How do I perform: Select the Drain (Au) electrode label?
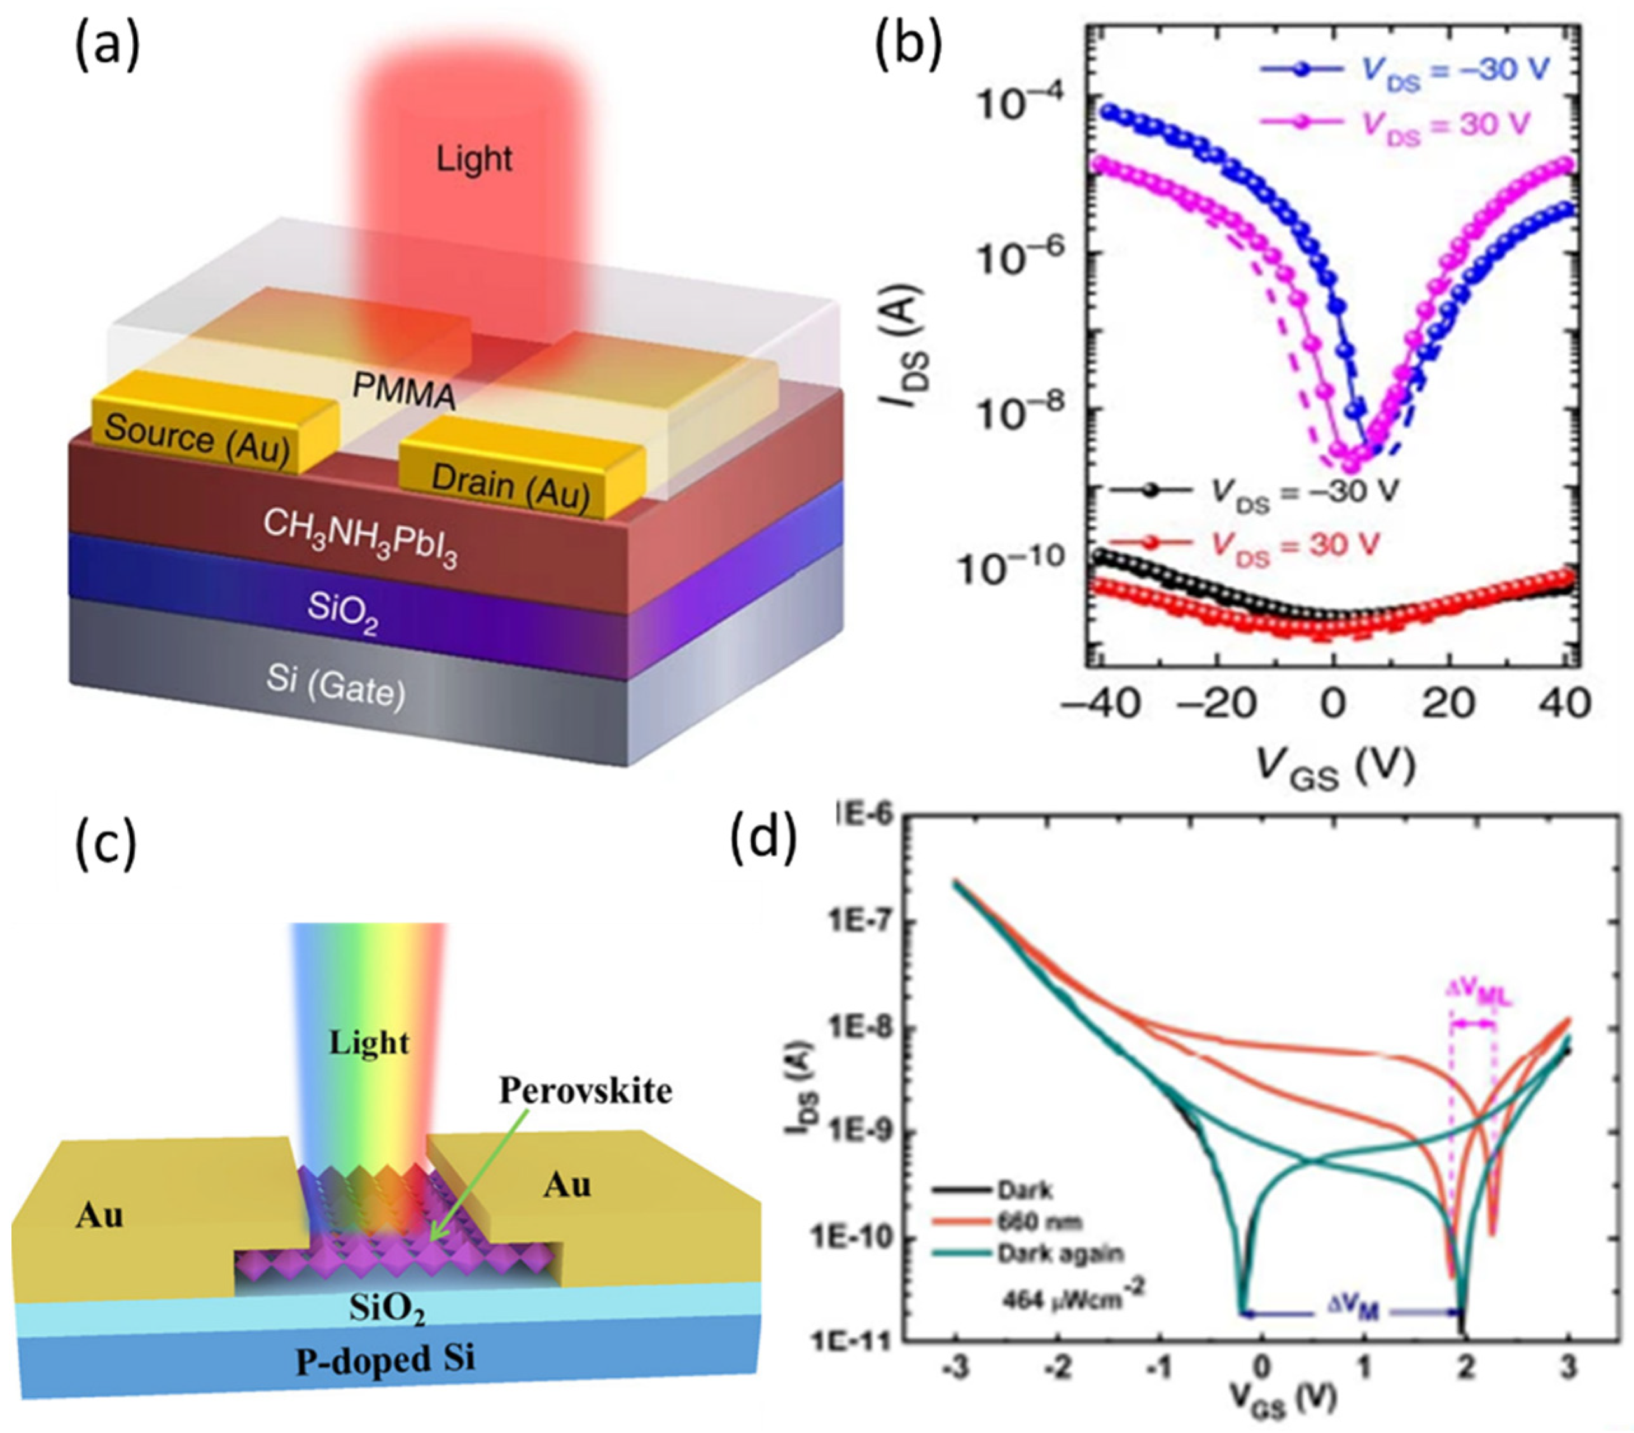click(510, 487)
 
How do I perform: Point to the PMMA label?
click(404, 392)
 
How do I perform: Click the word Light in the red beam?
click(474, 159)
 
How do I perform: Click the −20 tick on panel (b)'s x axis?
click(1216, 706)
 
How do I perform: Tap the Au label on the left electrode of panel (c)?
click(100, 1215)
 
